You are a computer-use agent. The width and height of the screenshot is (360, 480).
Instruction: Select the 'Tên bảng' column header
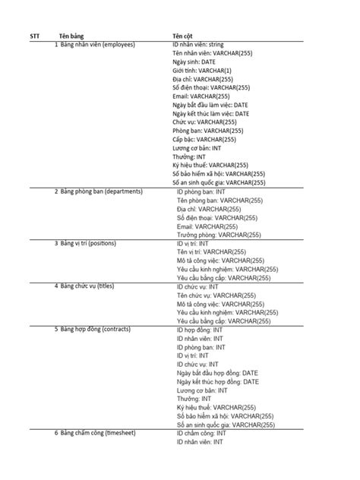(x=71, y=36)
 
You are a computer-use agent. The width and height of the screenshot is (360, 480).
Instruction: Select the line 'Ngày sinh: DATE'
(x=194, y=62)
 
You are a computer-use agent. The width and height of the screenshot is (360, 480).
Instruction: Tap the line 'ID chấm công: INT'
(x=201, y=433)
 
